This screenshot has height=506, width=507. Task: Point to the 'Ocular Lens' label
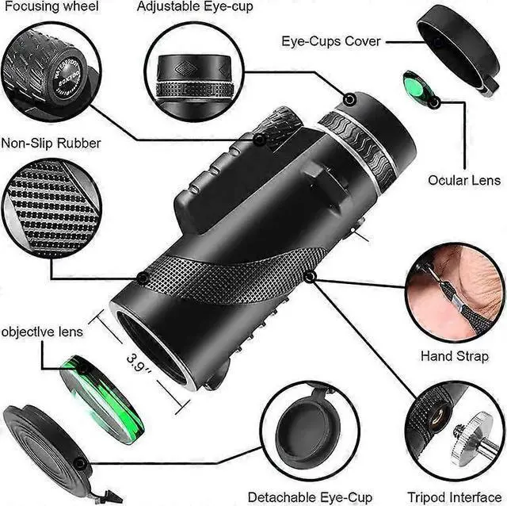tap(464, 180)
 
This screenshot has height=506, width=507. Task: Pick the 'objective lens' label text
tap(42, 332)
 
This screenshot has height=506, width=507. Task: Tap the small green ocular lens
tap(417, 88)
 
